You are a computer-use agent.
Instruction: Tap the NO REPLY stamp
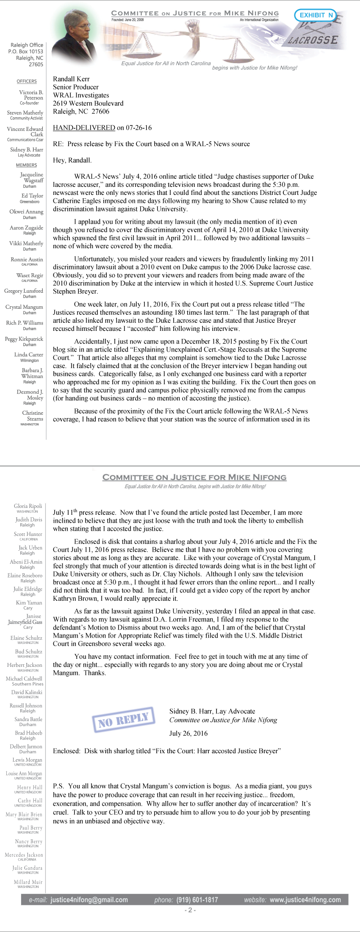[x=124, y=719]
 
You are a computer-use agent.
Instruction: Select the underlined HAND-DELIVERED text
[x=84, y=128]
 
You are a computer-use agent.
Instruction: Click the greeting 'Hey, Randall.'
[x=72, y=160]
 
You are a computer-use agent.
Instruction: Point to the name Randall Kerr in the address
[x=71, y=79]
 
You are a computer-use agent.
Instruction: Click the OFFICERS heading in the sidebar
[x=27, y=81]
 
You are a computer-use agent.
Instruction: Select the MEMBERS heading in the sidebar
[x=26, y=165]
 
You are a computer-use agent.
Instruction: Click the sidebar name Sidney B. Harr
[x=27, y=150]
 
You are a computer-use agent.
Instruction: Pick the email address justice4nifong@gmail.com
[x=89, y=900]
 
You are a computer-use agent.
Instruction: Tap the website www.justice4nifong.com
[x=305, y=900]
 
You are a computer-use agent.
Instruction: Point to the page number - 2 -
[x=190, y=910]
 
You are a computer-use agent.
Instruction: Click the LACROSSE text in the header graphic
[x=313, y=40]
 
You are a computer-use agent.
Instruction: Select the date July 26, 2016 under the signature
[x=188, y=733]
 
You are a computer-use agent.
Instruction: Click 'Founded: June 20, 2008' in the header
[x=127, y=20]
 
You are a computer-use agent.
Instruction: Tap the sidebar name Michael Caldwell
[x=24, y=679]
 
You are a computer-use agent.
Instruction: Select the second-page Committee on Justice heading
[x=194, y=477]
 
